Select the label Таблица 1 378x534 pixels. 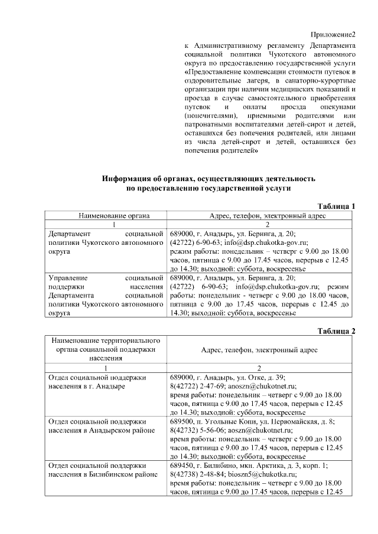(336, 206)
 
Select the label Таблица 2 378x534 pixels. (336, 330)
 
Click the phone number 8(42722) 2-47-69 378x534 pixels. (197, 385)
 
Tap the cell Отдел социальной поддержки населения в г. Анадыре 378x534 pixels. (95, 381)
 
